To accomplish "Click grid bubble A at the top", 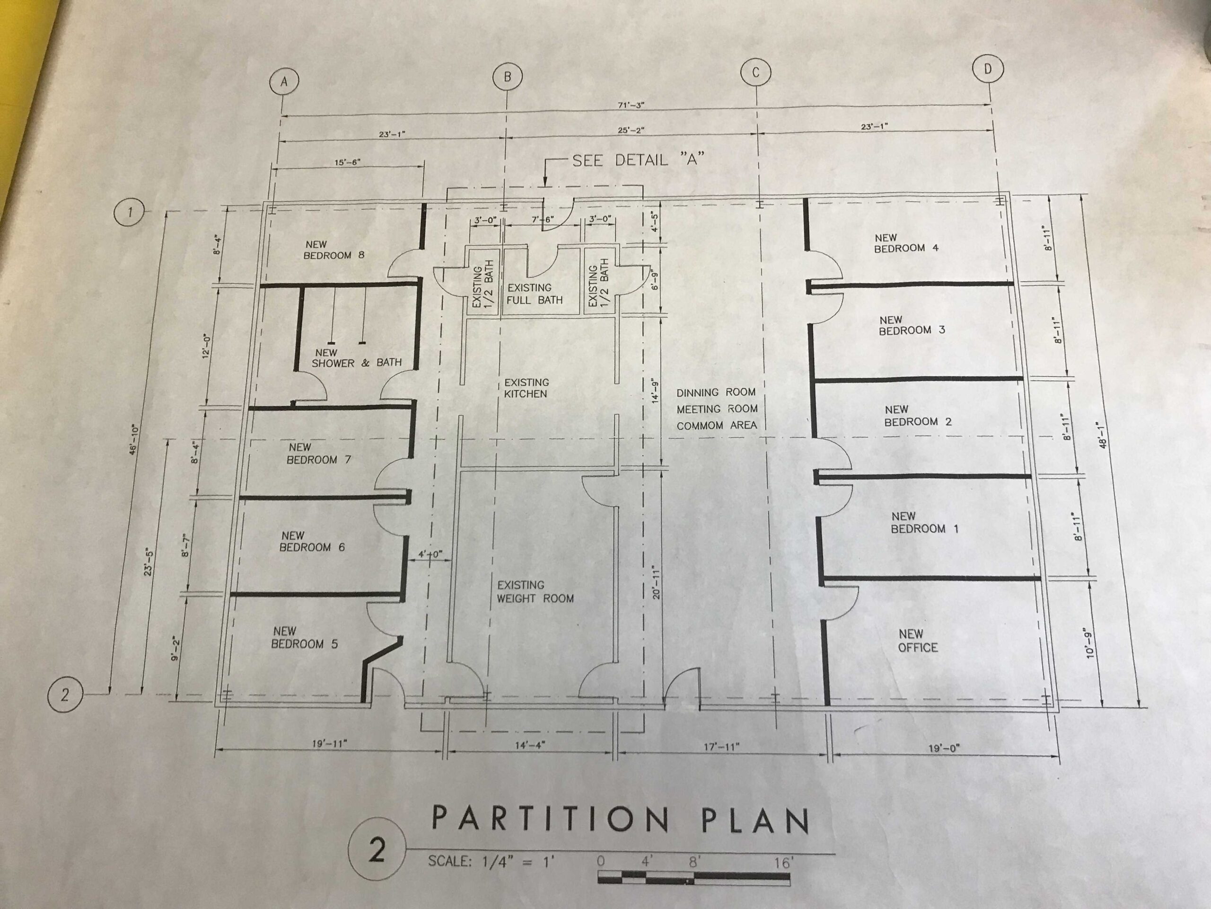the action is pyautogui.click(x=283, y=81).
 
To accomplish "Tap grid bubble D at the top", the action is pyautogui.click(x=988, y=69).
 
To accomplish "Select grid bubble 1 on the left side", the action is pyautogui.click(x=129, y=212).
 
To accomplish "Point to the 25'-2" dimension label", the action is pyautogui.click(x=631, y=130).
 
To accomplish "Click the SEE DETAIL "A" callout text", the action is pyautogui.click(x=638, y=160).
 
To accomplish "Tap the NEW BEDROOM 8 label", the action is pyautogui.click(x=334, y=250).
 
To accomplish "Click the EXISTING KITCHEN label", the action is pyautogui.click(x=526, y=388).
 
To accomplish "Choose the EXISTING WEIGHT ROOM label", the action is pyautogui.click(x=535, y=592).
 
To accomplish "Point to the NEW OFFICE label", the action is pyautogui.click(x=918, y=641).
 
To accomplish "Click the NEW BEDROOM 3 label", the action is pyautogui.click(x=912, y=325).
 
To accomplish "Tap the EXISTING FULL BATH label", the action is pyautogui.click(x=535, y=294).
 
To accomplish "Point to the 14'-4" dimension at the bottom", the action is pyautogui.click(x=530, y=745).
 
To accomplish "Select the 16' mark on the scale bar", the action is pyautogui.click(x=783, y=863).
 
